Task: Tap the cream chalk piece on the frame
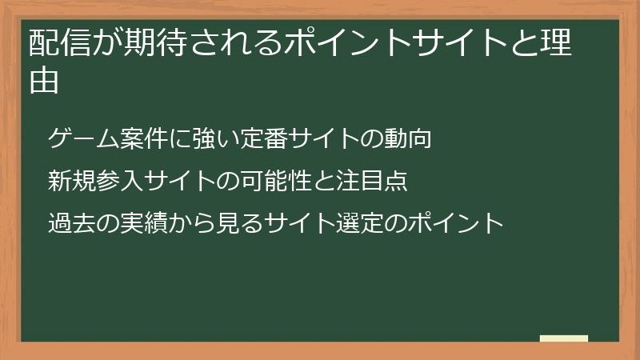pos(564,338)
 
